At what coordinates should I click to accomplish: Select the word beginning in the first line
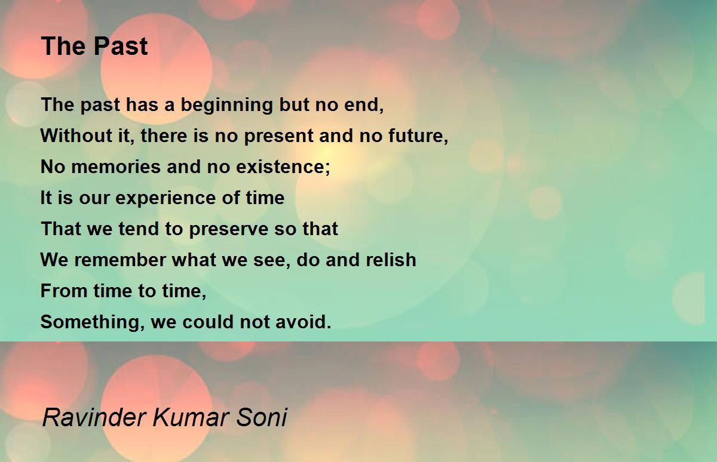click(x=226, y=106)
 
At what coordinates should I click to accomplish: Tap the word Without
click(x=76, y=135)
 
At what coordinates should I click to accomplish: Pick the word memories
click(x=115, y=167)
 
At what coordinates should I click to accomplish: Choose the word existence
click(x=280, y=167)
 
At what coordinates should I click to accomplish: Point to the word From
click(x=64, y=291)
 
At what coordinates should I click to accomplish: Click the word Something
click(x=90, y=322)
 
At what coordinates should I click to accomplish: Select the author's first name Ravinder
click(x=94, y=417)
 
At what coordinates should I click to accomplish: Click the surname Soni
click(x=262, y=417)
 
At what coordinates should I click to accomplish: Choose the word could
click(x=208, y=321)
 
